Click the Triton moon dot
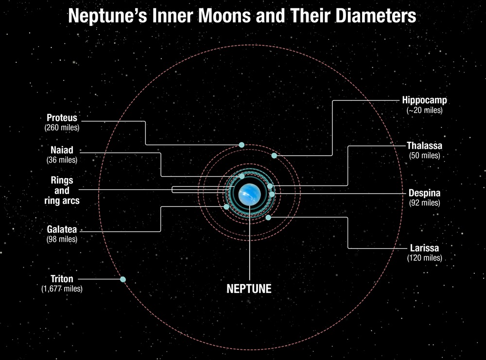tap(123, 279)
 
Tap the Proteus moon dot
tap(242, 145)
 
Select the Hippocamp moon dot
tap(274, 156)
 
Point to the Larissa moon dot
tap(268, 217)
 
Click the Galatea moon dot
tap(226, 207)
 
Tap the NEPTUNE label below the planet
tap(249, 288)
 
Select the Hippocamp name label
tap(424, 101)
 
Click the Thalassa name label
tap(424, 146)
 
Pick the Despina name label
tap(424, 193)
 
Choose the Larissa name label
tap(424, 248)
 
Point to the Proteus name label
tap(62, 118)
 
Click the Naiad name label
tap(62, 150)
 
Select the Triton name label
tap(62, 279)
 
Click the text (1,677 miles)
tap(62, 289)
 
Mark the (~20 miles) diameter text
tap(424, 110)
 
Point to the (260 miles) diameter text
tap(62, 127)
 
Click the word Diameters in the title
tap(370, 16)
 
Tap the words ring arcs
tap(62, 200)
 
